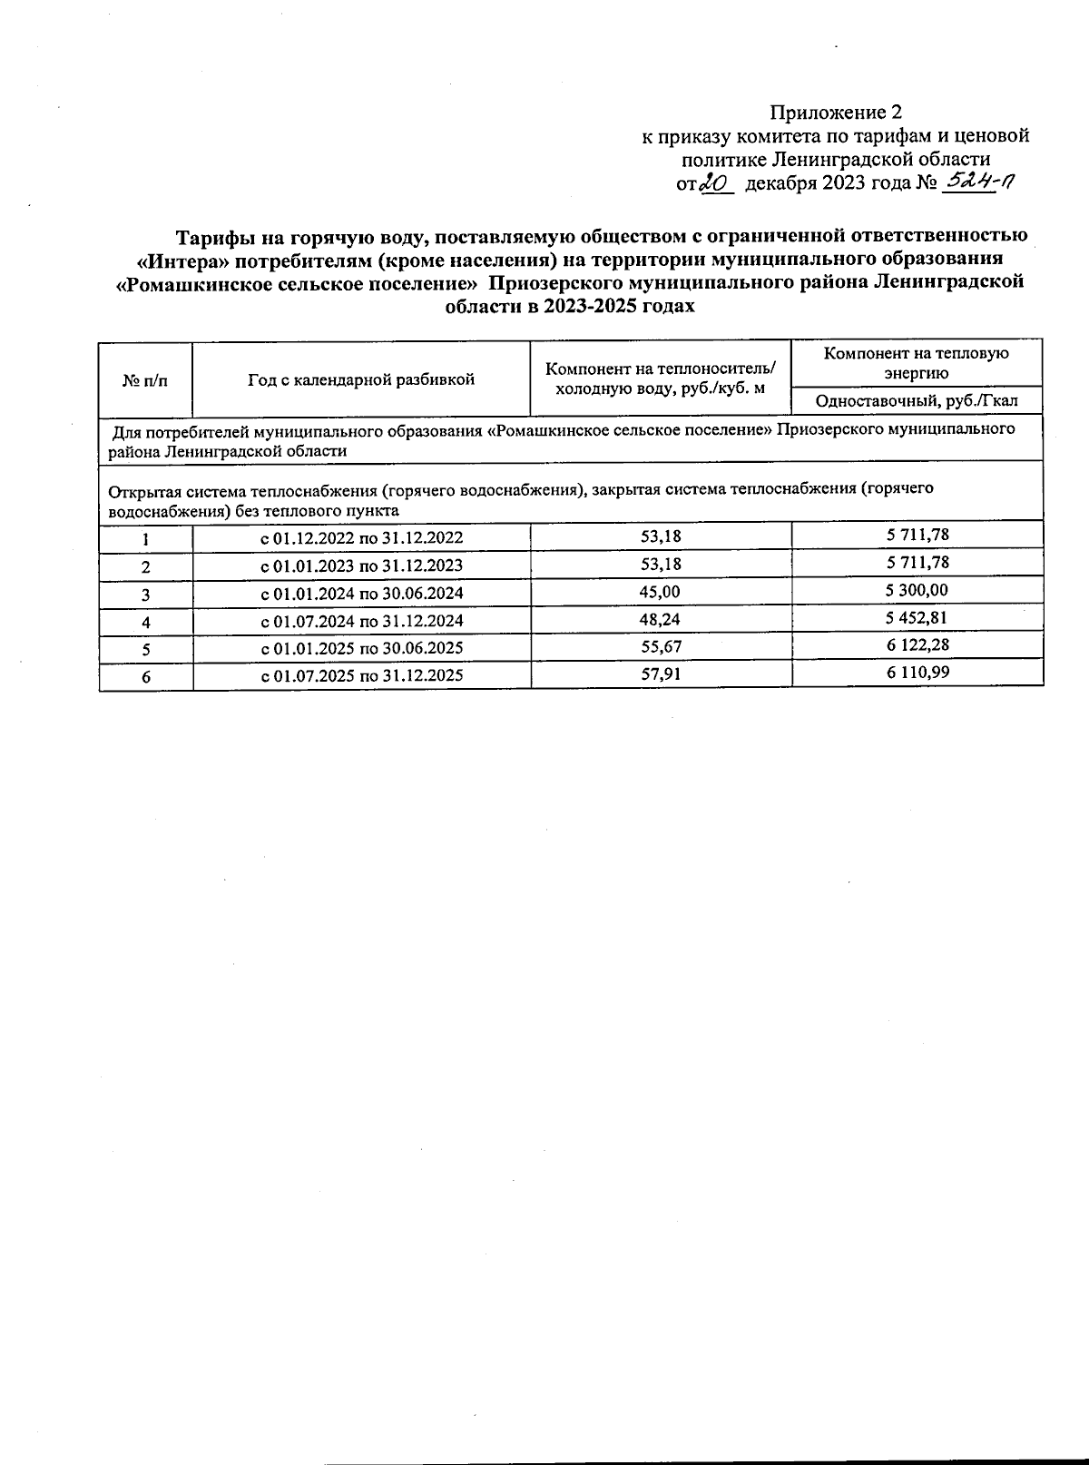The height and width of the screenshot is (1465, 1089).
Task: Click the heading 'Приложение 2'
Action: click(x=837, y=113)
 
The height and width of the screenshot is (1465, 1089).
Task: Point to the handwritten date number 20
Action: click(x=717, y=183)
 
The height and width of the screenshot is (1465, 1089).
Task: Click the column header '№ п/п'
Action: click(x=145, y=379)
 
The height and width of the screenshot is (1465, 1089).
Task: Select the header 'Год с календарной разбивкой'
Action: click(x=361, y=379)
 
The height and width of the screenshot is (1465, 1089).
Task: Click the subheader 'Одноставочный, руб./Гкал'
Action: click(x=917, y=400)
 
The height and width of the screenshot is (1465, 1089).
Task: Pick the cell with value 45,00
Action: click(x=661, y=592)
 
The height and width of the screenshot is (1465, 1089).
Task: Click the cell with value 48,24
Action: click(x=661, y=620)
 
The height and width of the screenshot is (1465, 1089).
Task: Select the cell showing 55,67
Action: click(x=661, y=647)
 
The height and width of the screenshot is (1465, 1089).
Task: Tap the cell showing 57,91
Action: click(x=661, y=675)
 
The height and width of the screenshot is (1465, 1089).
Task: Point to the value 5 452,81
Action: click(x=917, y=618)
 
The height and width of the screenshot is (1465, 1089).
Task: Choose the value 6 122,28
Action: click(x=917, y=645)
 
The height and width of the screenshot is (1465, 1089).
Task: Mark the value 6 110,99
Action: click(x=917, y=673)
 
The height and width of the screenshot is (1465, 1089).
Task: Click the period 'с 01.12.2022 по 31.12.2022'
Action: click(x=361, y=537)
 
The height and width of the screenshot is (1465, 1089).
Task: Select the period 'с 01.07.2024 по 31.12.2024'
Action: click(x=361, y=621)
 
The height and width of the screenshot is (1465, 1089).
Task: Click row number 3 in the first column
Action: click(x=145, y=595)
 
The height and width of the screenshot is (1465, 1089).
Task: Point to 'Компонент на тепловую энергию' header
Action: click(x=917, y=362)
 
